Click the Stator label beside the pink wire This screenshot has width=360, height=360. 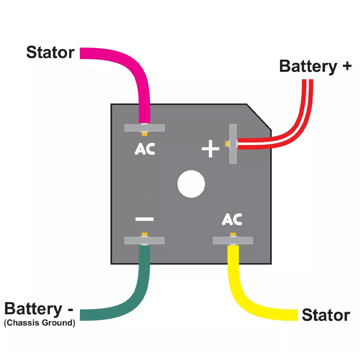point(50,53)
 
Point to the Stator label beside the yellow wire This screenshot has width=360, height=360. point(326,315)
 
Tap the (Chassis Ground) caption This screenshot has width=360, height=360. point(40,323)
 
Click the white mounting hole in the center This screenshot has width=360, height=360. point(191,184)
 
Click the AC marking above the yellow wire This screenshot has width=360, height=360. point(232,219)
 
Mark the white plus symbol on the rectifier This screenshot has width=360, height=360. point(211,149)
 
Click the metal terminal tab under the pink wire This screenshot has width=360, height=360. point(144,128)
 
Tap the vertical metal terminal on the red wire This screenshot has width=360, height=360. point(233,144)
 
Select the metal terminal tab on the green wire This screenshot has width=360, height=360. point(144,240)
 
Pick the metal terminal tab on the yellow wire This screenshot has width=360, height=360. point(233,240)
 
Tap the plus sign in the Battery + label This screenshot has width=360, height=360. point(347,66)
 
